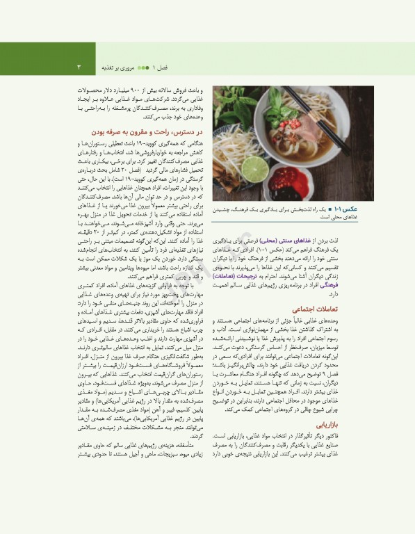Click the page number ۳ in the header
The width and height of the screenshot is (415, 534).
click(79, 67)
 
